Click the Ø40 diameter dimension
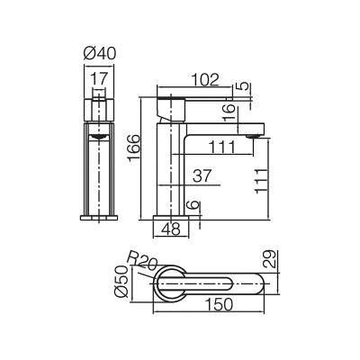coord(100,54)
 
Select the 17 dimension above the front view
coord(99,79)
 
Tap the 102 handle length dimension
coord(205,80)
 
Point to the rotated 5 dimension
coord(245,86)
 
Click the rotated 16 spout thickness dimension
coord(229,112)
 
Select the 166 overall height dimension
coord(134,148)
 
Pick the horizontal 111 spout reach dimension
coord(222,147)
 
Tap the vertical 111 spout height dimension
coord(261,181)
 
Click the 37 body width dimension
coord(202,176)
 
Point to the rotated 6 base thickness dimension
coord(193,205)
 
